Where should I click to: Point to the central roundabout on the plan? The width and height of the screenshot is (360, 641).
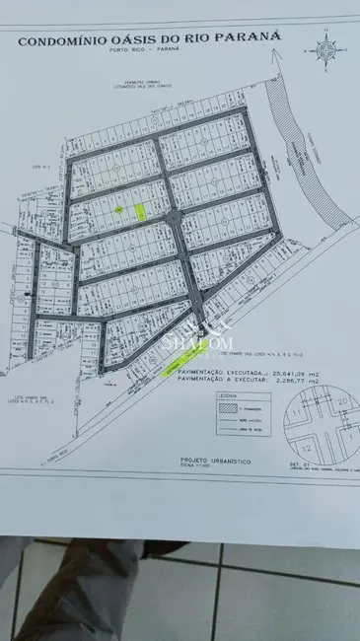pos(174,217)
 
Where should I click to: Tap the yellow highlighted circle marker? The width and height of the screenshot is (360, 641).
pos(119,210)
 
